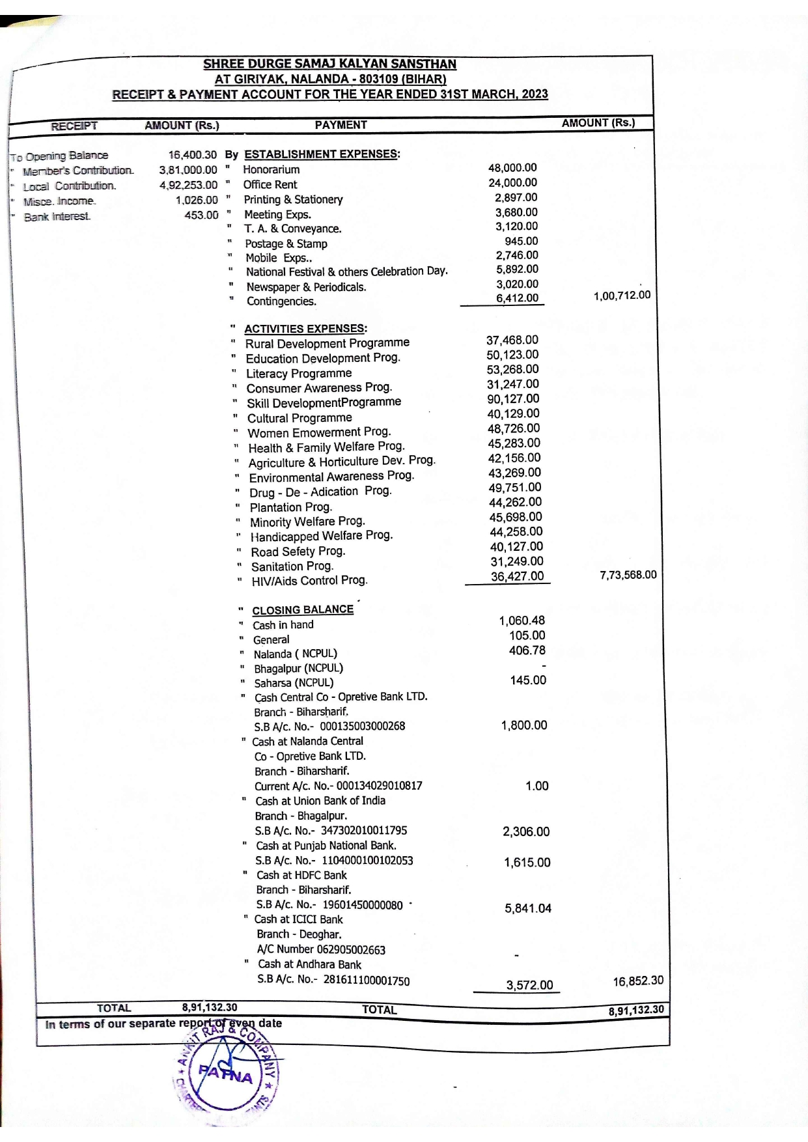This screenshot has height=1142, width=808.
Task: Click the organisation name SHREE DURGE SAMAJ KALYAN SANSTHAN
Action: pos(329,64)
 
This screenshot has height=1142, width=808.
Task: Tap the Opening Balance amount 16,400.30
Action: pos(192,155)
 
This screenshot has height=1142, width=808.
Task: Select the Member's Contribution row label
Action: pos(78,171)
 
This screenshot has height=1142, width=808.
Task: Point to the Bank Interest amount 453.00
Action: pos(201,215)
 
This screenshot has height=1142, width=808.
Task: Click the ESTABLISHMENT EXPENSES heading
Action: pos(322,154)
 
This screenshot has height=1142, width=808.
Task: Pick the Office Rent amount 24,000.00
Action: pos(512,183)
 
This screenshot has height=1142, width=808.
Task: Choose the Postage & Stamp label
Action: pos(286,244)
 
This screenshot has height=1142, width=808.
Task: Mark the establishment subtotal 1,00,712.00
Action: pos(621,296)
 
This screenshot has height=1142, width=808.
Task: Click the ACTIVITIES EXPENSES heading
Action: pos(305,329)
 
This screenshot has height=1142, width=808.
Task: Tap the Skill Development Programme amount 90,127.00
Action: pos(513,398)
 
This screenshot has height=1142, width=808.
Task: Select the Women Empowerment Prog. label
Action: pos(319,432)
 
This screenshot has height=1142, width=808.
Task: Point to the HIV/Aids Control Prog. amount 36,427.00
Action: pos(517,576)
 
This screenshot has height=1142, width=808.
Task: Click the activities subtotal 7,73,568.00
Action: pos(628,575)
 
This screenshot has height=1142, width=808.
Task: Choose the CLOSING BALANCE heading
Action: pos(303,610)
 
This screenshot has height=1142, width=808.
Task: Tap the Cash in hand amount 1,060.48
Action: pos(522,620)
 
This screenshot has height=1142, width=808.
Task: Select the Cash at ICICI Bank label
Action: pos(298,919)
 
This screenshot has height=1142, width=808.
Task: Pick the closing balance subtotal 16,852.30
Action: pos(638,981)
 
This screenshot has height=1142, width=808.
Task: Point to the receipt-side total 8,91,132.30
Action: pos(209,1007)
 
